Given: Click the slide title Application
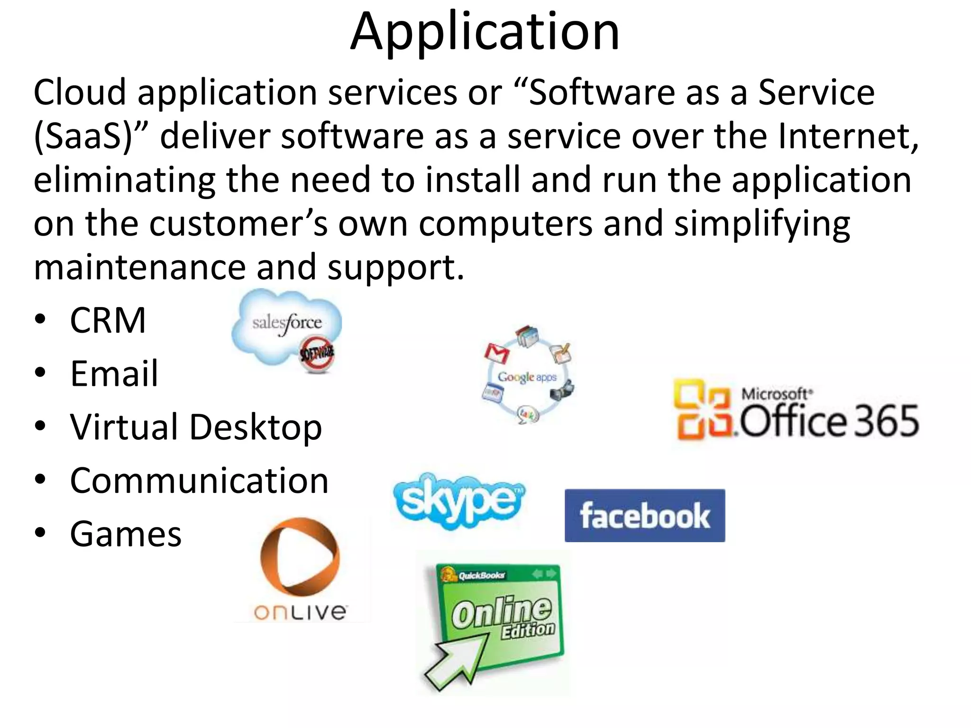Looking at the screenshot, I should click(x=485, y=32).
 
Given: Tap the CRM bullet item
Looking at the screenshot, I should click(x=108, y=320).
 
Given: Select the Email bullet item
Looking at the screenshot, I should click(x=114, y=373).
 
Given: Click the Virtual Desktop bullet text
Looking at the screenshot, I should click(x=196, y=427).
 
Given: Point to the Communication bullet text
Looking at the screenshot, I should click(x=199, y=481).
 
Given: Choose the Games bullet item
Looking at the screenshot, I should click(x=126, y=534).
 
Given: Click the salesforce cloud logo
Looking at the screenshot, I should click(x=286, y=325).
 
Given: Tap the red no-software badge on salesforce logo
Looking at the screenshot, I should click(x=317, y=354).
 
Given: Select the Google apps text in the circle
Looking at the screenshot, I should click(x=527, y=377).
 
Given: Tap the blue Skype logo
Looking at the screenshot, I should click(x=458, y=500).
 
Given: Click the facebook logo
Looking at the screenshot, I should click(x=645, y=516).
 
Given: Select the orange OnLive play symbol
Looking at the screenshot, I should click(x=300, y=557).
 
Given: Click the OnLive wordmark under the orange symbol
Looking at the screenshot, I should click(x=300, y=612).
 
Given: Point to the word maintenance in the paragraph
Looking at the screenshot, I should click(x=139, y=267).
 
